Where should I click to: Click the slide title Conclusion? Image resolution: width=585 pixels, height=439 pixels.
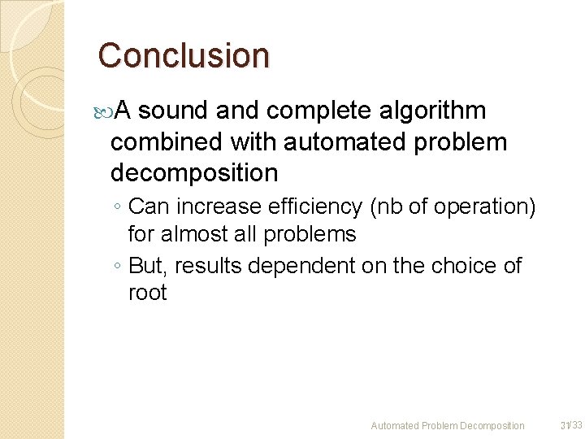tap(183, 56)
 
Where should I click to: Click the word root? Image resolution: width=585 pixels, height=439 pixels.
tap(147, 293)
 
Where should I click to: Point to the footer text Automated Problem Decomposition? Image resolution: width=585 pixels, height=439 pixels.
tap(448, 425)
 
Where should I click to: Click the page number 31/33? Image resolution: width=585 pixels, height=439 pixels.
tap(571, 424)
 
